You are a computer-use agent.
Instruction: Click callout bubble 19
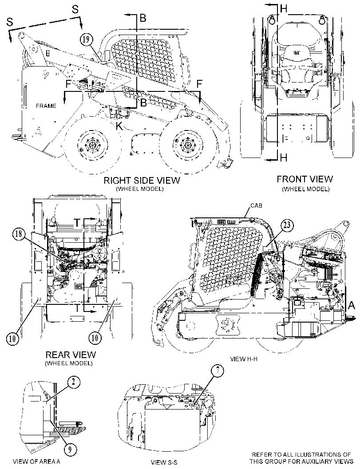pyautogui.click(x=86, y=40)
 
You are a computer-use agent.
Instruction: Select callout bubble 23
pyautogui.click(x=287, y=225)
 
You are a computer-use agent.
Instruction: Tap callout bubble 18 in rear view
pyautogui.click(x=19, y=233)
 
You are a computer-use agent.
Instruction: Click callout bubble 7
pyautogui.click(x=218, y=370)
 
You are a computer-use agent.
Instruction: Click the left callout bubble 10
pyautogui.click(x=12, y=339)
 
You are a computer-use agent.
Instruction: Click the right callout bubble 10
pyautogui.click(x=95, y=338)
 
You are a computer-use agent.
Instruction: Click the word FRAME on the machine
pyautogui.click(x=46, y=106)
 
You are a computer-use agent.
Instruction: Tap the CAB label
pyautogui.click(x=256, y=205)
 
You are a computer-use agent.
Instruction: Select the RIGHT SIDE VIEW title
pyautogui.click(x=142, y=180)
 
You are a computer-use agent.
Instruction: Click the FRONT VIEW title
pyautogui.click(x=305, y=179)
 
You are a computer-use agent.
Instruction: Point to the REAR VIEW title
pyautogui.click(x=71, y=355)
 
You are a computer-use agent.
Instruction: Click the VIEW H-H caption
pyautogui.click(x=244, y=359)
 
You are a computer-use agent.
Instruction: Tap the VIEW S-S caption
pyautogui.click(x=164, y=462)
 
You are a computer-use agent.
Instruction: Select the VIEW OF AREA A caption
pyautogui.click(x=36, y=461)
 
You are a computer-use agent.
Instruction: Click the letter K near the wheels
pyautogui.click(x=119, y=126)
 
